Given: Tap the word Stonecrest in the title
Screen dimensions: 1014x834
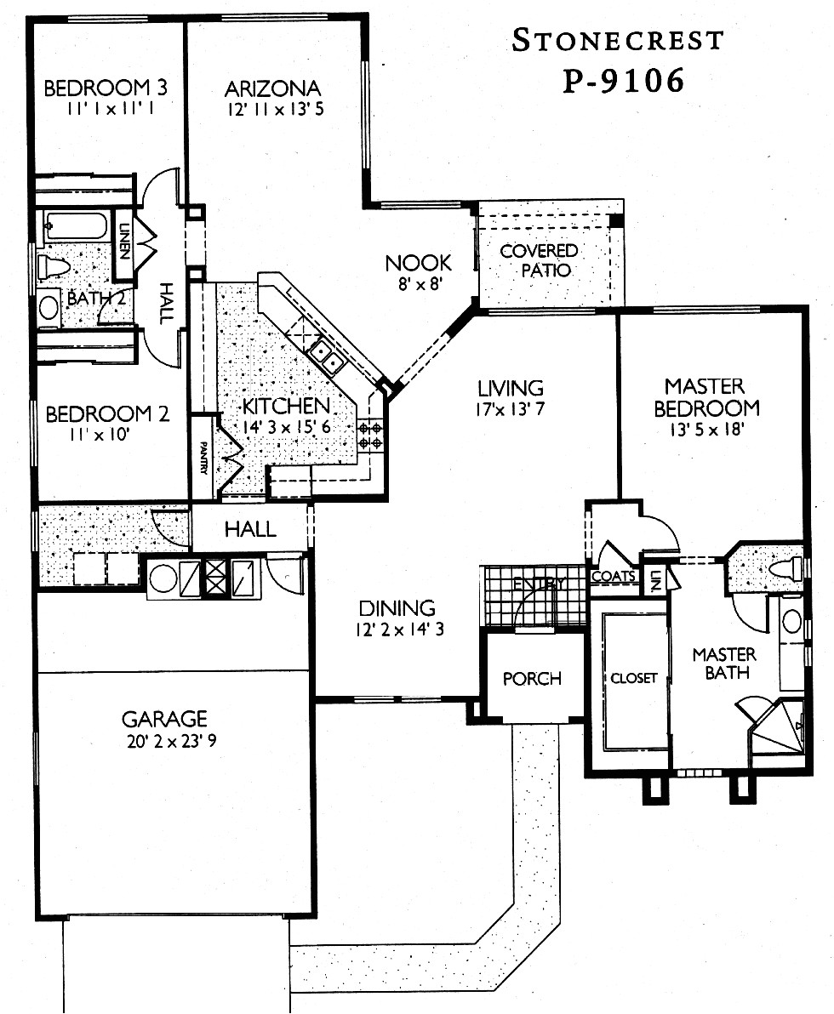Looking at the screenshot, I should point(618,40).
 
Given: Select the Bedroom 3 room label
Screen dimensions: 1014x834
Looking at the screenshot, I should point(105,88).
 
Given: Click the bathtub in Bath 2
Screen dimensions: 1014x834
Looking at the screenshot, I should point(76,226).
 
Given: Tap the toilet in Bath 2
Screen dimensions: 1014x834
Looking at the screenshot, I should point(54,266).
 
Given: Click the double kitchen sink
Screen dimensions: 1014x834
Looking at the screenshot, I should point(327,356).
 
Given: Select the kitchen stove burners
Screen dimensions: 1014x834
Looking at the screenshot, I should point(370,435).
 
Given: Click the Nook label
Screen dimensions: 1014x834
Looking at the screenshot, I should point(418,262).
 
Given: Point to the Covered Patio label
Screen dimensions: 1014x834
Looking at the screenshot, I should point(539,260).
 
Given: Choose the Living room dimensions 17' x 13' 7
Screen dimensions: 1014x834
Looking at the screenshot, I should point(510,408).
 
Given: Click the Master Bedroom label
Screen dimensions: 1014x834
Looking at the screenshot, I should point(706,397).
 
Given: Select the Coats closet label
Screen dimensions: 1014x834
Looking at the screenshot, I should point(614,576).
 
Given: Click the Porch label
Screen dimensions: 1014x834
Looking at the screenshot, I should point(532,678).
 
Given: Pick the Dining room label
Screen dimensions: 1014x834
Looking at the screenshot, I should point(397,608).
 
